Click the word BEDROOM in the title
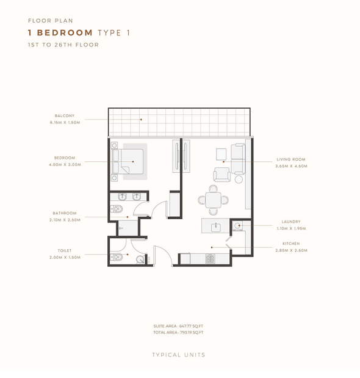[65, 32]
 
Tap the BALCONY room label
[65, 115]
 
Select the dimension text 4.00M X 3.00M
[65, 165]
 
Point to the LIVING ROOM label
[291, 159]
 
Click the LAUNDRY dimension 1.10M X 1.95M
[291, 228]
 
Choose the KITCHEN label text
[291, 244]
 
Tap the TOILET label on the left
[65, 251]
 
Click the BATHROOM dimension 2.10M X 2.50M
[65, 220]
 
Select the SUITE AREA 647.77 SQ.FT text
[178, 326]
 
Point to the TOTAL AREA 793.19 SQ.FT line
[178, 332]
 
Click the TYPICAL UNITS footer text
[178, 355]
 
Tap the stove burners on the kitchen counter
[210, 259]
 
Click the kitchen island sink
[216, 227]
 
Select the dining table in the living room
[213, 200]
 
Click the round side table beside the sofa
[239, 180]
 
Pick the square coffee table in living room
[221, 154]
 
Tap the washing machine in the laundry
[237, 226]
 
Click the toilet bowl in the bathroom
[117, 209]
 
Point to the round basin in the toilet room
[140, 260]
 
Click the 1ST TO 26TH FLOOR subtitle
[63, 45]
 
